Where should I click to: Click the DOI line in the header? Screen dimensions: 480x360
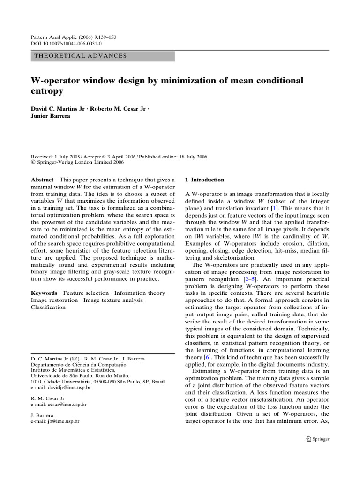[66, 43]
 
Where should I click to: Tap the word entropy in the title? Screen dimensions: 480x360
[47, 91]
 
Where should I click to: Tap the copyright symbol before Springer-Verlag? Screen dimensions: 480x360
[33, 163]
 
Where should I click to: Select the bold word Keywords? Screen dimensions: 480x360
[45, 293]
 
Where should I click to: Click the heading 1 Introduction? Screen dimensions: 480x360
[205, 180]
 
